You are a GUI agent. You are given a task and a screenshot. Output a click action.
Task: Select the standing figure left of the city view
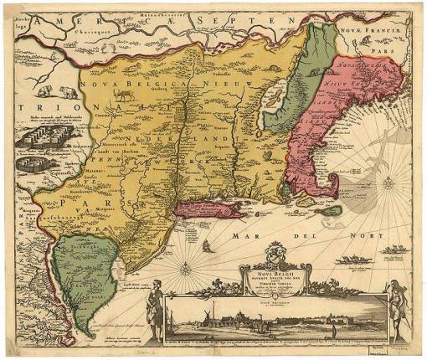click(152, 313)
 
